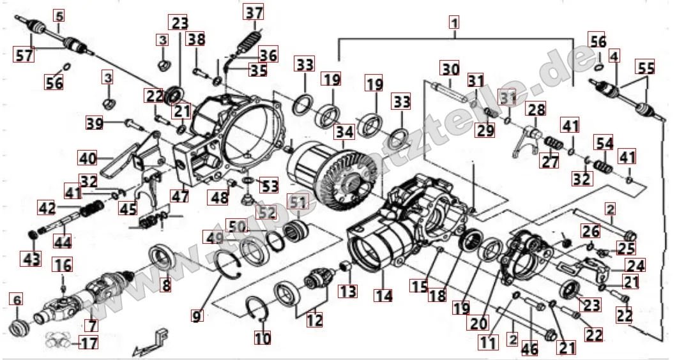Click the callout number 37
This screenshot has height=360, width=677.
pyautogui.click(x=254, y=12)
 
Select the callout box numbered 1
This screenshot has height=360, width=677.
pyautogui.click(x=454, y=22)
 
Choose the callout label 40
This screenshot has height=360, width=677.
pyautogui.click(x=87, y=156)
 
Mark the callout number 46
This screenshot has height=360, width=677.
pyautogui.click(x=529, y=349)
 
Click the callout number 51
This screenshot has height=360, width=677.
pyautogui.click(x=298, y=202)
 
